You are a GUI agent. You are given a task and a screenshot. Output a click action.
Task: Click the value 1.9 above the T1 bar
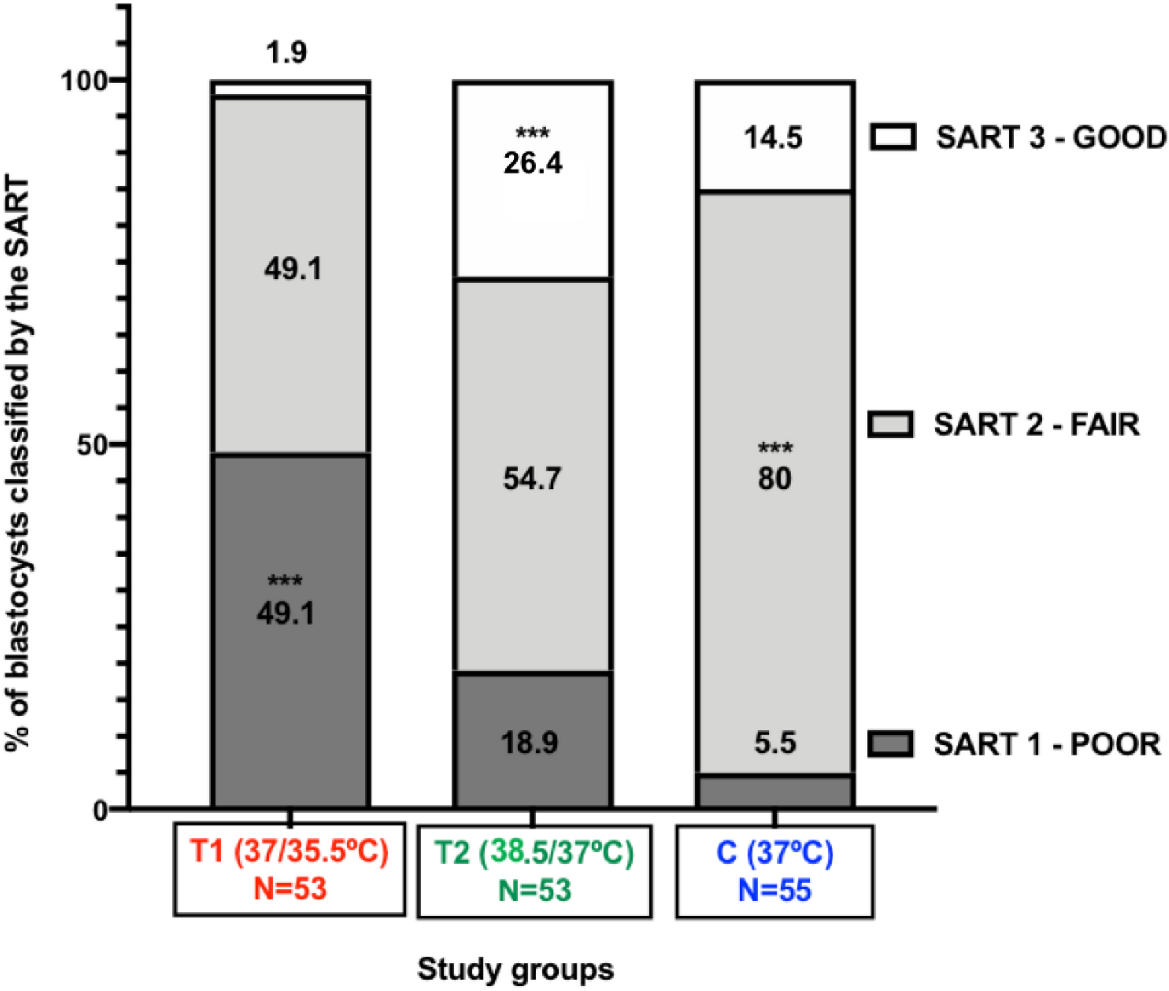[287, 52]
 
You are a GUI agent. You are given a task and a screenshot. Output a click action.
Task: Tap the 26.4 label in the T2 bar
[532, 162]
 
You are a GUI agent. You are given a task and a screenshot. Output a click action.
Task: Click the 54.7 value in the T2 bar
[532, 478]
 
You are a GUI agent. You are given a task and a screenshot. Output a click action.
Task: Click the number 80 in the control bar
[774, 478]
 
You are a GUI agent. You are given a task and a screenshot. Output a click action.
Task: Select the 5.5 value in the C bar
[775, 742]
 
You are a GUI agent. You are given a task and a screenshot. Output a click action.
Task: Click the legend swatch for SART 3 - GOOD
[893, 137]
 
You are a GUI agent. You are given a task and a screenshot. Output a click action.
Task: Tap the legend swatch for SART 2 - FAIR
[890, 424]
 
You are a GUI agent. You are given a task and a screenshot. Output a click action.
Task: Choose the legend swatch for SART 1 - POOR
[890, 743]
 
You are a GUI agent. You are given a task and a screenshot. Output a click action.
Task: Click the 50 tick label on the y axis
[92, 445]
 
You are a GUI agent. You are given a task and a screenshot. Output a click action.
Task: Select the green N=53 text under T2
[534, 890]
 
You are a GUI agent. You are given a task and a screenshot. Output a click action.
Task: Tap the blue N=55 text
[774, 890]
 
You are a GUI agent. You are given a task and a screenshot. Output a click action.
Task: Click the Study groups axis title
[515, 969]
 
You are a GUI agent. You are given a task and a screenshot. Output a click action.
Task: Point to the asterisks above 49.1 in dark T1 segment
[285, 581]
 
